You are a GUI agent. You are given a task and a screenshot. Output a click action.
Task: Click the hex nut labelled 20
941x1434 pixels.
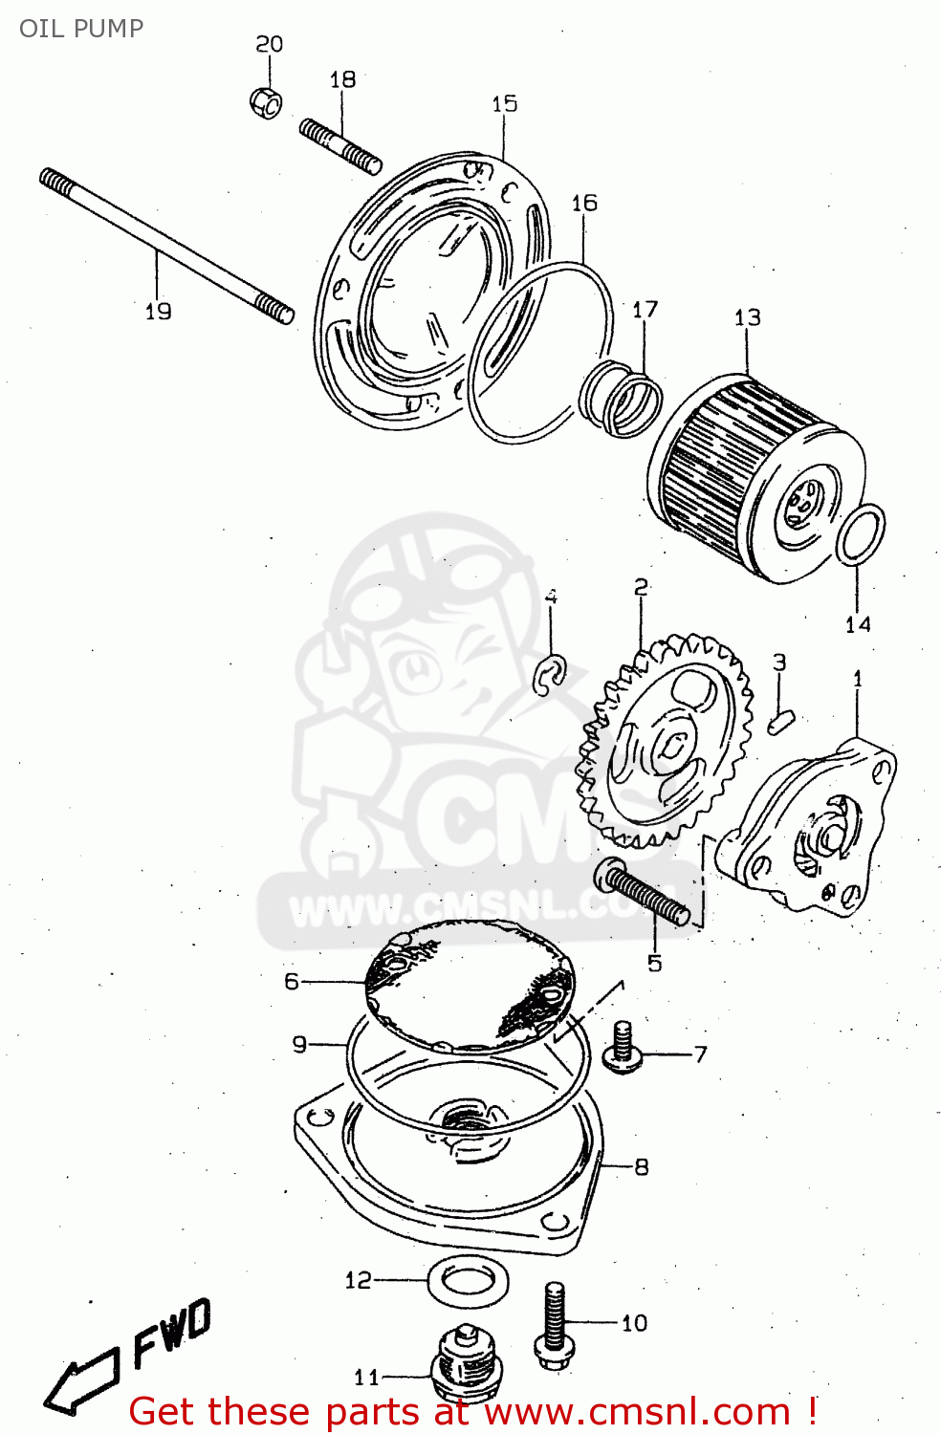(x=266, y=100)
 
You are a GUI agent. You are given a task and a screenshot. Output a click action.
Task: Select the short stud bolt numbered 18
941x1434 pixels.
(x=340, y=146)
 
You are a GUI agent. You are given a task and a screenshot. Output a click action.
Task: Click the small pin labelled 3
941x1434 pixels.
(x=780, y=720)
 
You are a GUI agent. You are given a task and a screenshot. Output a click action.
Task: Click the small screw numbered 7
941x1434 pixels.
(x=623, y=1045)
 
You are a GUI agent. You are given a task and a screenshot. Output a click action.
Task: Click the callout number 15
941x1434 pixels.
(x=505, y=103)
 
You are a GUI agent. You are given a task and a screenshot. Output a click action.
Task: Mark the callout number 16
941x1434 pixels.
(x=584, y=203)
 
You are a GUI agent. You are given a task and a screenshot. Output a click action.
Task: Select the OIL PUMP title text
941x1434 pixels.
(x=81, y=28)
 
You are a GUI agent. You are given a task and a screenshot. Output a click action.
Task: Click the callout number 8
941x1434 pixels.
(x=641, y=1166)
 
